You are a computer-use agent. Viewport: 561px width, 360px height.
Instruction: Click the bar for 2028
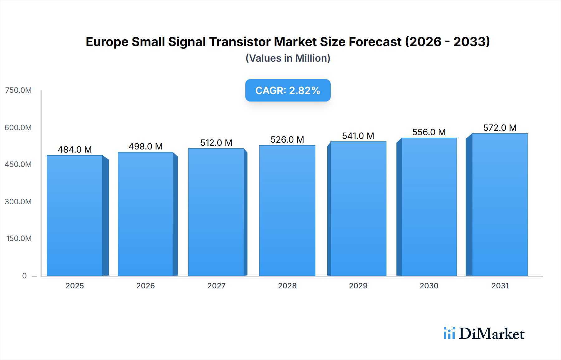pos(287,211)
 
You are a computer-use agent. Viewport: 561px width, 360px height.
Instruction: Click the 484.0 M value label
pos(75,149)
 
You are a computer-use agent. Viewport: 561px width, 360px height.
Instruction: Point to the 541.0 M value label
pos(358,136)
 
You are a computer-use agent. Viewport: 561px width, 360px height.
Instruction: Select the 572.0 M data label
pos(500,128)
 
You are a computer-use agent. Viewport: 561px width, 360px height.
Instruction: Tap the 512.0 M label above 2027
pos(216,143)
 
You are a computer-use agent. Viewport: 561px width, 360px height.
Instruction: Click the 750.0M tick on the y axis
pos(18,90)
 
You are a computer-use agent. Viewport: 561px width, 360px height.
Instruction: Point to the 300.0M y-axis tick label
pos(18,201)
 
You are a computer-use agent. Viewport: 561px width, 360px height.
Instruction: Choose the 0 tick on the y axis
pos(24,276)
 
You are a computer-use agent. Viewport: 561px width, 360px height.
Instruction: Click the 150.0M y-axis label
pos(19,239)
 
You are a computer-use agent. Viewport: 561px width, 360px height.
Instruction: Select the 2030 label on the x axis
pos(429,286)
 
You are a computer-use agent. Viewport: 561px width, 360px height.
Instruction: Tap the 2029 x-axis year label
pos(358,286)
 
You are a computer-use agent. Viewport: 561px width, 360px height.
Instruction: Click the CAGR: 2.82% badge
pos(288,90)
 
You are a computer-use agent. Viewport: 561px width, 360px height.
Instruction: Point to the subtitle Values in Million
pos(288,58)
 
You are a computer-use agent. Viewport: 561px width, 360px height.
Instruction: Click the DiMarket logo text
pos(491,334)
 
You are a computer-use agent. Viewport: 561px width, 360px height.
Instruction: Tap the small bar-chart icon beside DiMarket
pos(449,333)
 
